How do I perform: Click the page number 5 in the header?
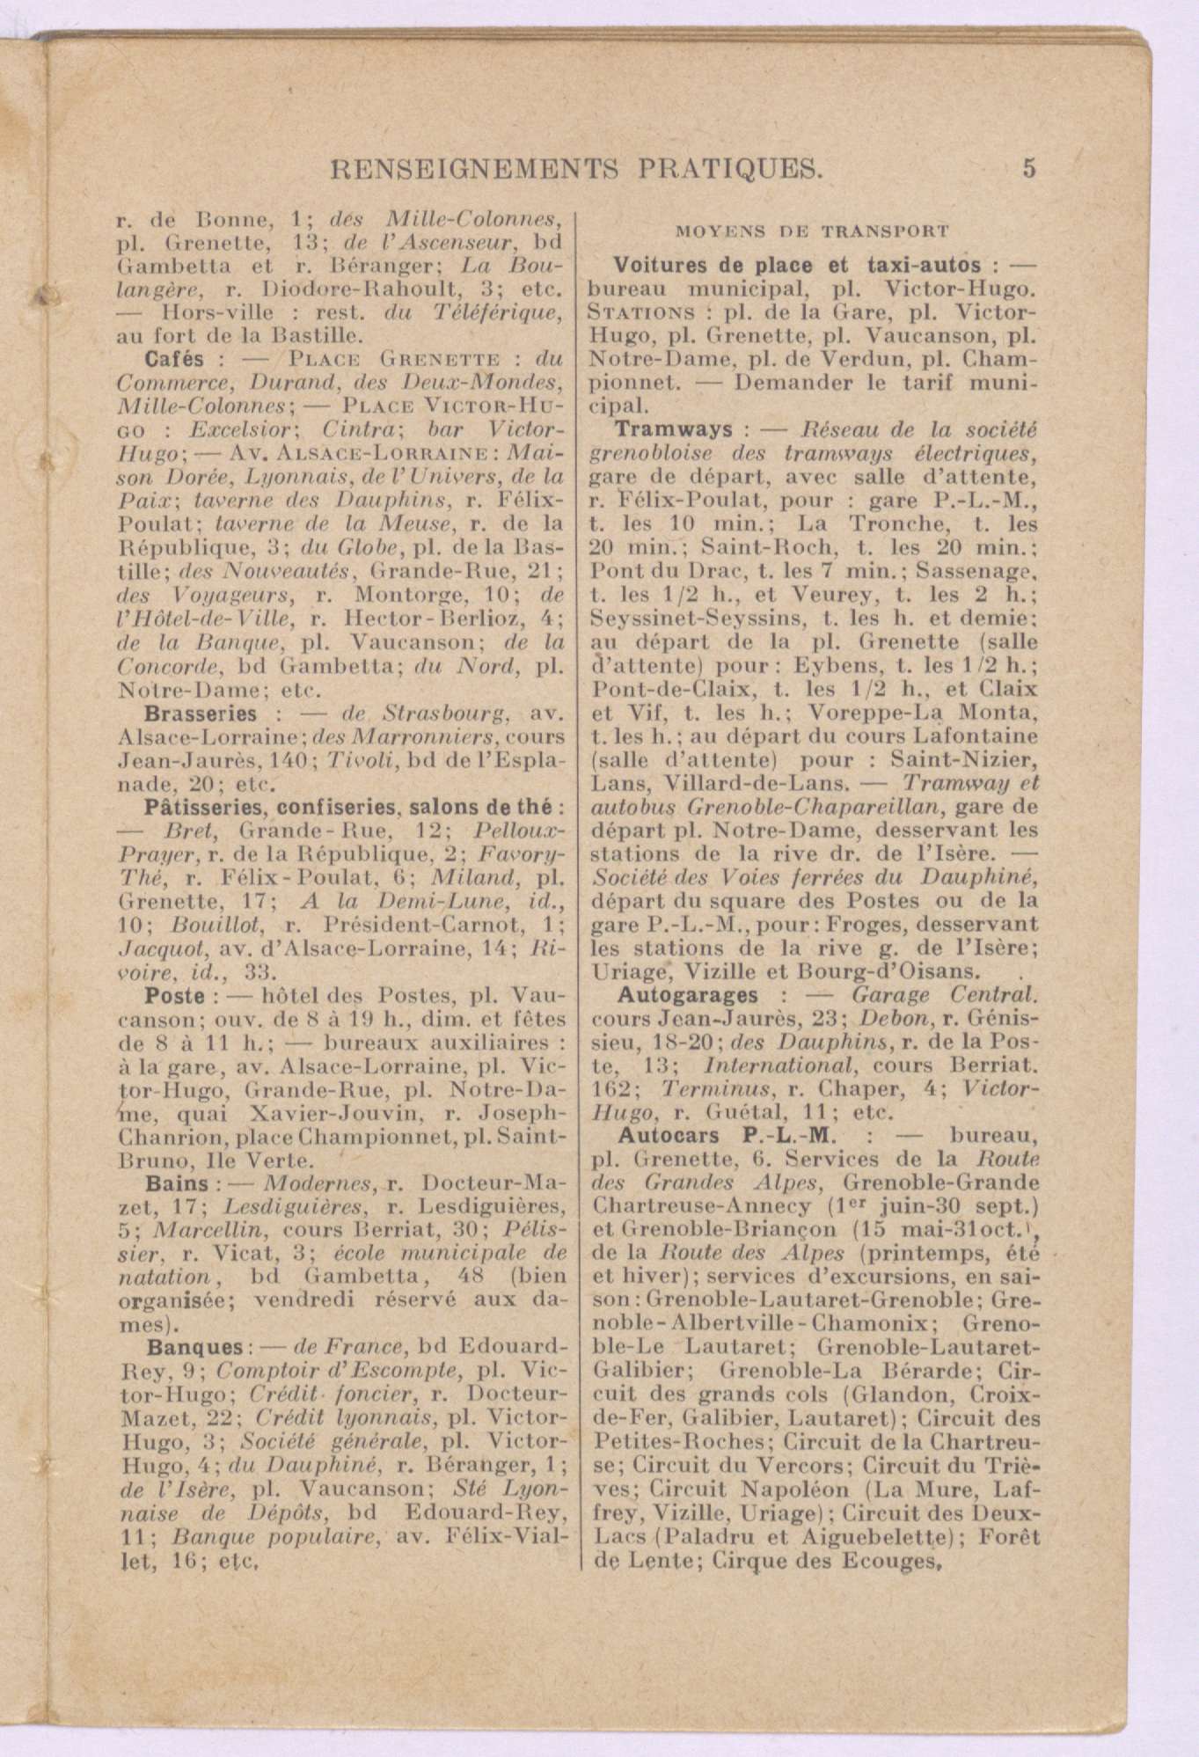point(1029,167)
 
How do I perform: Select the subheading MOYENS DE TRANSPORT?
point(812,232)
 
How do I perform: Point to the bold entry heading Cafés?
point(174,359)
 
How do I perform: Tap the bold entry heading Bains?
point(177,1184)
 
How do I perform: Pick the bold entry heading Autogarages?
point(688,995)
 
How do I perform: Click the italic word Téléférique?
point(514,311)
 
